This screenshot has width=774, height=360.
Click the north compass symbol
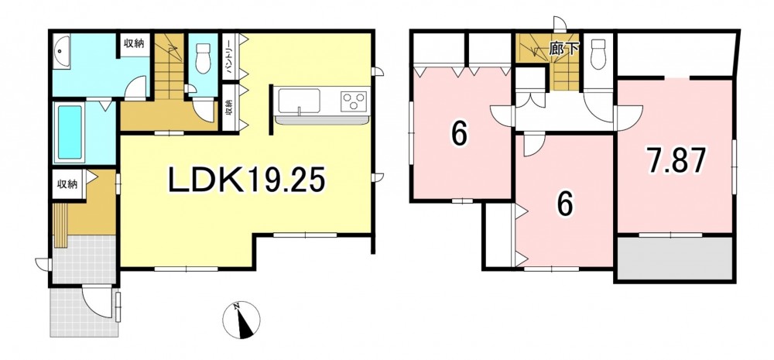tap(241, 320)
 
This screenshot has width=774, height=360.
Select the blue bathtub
tap(70, 132)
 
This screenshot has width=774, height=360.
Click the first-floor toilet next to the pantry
tap(204, 58)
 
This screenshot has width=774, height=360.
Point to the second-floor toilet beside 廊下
tap(598, 54)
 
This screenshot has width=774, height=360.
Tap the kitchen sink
tap(299, 101)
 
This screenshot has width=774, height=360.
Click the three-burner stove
tap(354, 101)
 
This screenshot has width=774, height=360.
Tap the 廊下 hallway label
tap(563, 50)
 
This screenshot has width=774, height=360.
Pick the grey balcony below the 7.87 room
tap(674, 259)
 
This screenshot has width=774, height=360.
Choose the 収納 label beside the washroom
tap(133, 43)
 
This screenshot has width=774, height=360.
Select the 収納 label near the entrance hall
tap(67, 185)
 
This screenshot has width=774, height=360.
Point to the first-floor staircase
tap(170, 67)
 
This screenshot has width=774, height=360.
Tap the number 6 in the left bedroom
tap(459, 133)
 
